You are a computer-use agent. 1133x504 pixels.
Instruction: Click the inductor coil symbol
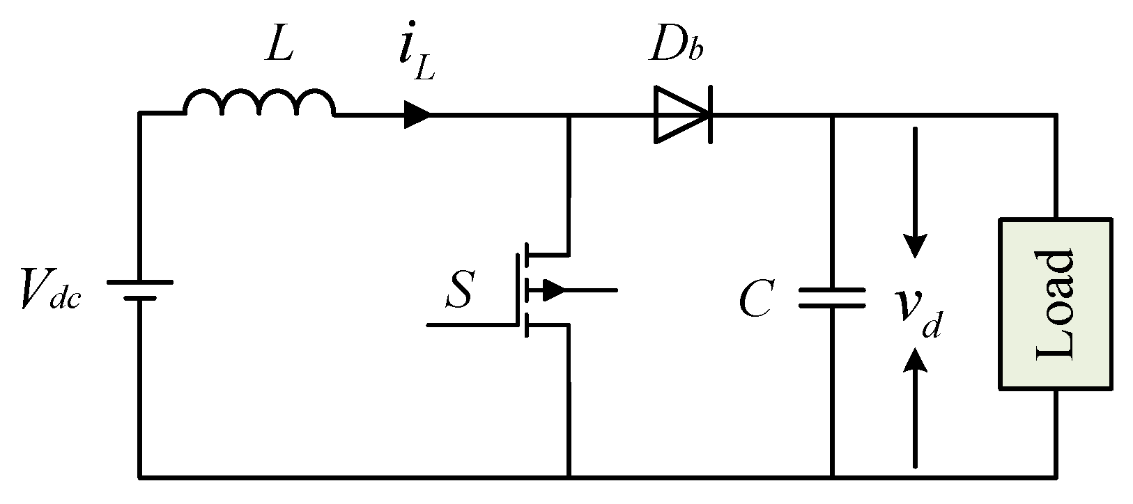pyautogui.click(x=259, y=103)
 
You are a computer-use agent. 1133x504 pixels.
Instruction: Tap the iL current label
pyautogui.click(x=417, y=59)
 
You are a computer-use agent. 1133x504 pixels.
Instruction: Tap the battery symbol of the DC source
pyautogui.click(x=139, y=290)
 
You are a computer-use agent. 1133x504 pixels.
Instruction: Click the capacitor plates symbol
pyautogui.click(x=832, y=298)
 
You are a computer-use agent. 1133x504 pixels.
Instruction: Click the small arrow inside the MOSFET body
pyautogui.click(x=553, y=290)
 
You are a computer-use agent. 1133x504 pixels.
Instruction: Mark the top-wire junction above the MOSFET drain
pyautogui.click(x=570, y=116)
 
